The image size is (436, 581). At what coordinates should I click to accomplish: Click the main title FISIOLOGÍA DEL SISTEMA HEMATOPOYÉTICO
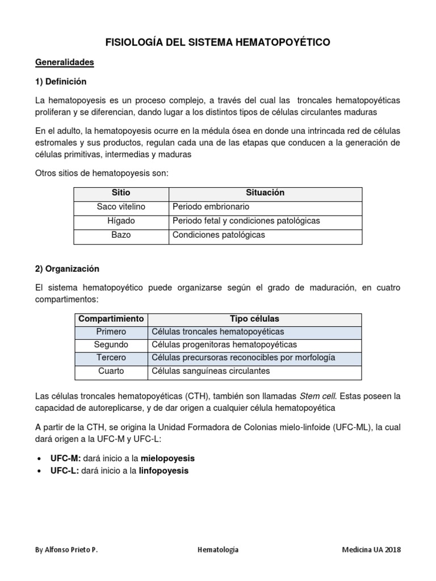tap(218, 43)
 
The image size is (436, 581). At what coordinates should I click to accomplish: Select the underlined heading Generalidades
tap(65, 62)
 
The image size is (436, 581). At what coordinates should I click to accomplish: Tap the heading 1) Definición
tap(61, 81)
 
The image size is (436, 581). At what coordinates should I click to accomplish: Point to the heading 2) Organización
tap(67, 269)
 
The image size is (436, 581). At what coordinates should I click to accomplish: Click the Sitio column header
tap(121, 193)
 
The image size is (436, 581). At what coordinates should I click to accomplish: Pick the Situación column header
tap(265, 193)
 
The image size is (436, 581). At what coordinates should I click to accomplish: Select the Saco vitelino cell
tap(121, 207)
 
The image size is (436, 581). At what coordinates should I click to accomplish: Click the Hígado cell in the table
tap(121, 221)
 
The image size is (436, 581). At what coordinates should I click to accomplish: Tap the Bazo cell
tap(121, 234)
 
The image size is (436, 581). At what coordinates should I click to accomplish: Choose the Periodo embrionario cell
tap(211, 207)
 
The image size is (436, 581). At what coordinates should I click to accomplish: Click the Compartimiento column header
tap(111, 319)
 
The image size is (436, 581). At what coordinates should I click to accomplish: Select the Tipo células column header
tap(254, 319)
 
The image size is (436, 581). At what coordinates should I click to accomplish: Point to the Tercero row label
tap(111, 358)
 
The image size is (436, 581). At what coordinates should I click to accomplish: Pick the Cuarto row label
tap(111, 372)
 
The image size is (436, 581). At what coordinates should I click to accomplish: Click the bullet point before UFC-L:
tap(38, 471)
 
